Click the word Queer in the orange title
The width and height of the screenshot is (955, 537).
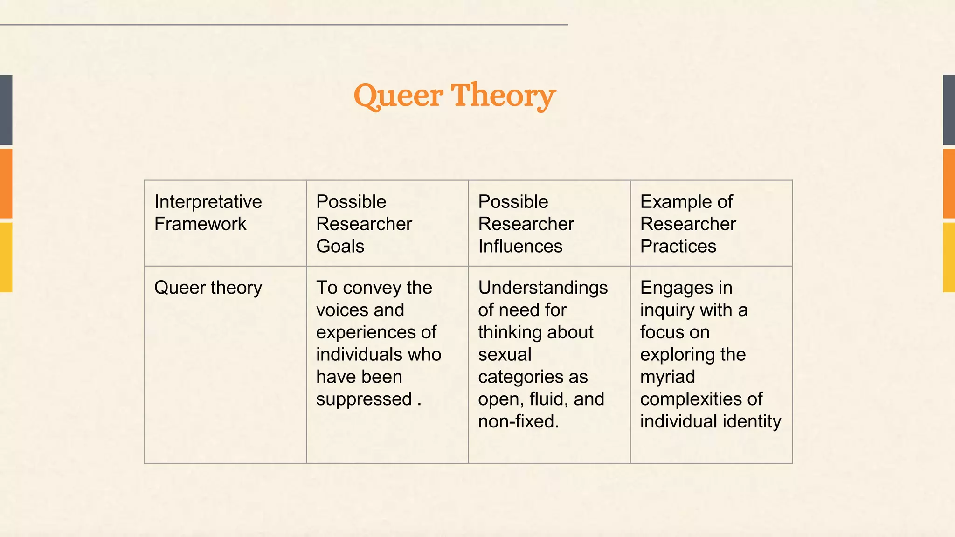(398, 96)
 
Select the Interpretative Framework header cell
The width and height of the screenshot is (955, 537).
(225, 223)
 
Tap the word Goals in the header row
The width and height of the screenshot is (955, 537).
(340, 246)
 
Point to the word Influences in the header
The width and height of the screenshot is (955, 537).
(520, 246)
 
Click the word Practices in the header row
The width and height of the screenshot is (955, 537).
(678, 246)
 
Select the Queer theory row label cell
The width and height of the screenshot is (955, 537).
(225, 364)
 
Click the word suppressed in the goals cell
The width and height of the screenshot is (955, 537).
(364, 399)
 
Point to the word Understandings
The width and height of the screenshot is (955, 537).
(543, 288)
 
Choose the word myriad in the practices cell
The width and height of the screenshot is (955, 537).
(667, 377)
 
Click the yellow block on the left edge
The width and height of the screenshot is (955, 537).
(6, 257)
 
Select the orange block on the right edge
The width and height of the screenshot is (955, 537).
(949, 184)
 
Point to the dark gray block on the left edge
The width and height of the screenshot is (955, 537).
(6, 110)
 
